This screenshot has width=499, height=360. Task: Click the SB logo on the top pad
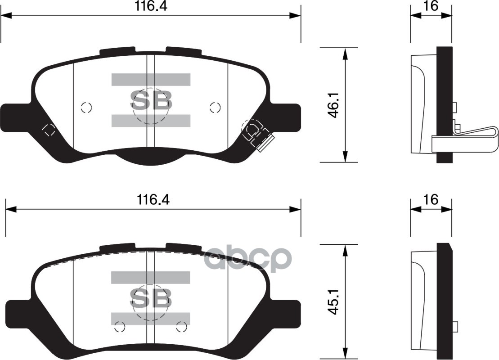[x=151, y=101]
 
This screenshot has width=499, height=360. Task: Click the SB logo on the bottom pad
[x=151, y=297]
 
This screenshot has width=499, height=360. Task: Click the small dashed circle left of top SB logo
[x=86, y=107]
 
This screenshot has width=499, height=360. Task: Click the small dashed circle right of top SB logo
[x=215, y=107]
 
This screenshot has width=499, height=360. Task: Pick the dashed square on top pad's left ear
[x=49, y=130]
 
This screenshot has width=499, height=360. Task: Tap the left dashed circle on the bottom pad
[x=119, y=327]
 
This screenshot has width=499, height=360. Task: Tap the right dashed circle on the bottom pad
[x=182, y=327]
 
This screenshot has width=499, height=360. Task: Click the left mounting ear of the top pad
[x=16, y=118]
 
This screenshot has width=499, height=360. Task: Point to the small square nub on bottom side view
[x=455, y=326]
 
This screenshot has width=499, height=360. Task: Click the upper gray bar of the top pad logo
[x=151, y=80]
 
